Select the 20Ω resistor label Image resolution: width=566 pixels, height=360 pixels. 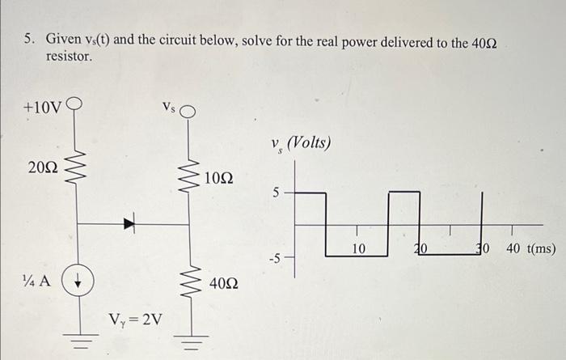[x=42, y=168]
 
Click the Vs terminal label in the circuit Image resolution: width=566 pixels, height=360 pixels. [x=168, y=106]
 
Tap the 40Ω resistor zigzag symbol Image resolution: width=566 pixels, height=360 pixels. [x=190, y=282]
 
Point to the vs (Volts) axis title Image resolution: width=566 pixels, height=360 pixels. [x=302, y=145]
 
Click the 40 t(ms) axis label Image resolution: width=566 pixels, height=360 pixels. [x=529, y=248]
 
